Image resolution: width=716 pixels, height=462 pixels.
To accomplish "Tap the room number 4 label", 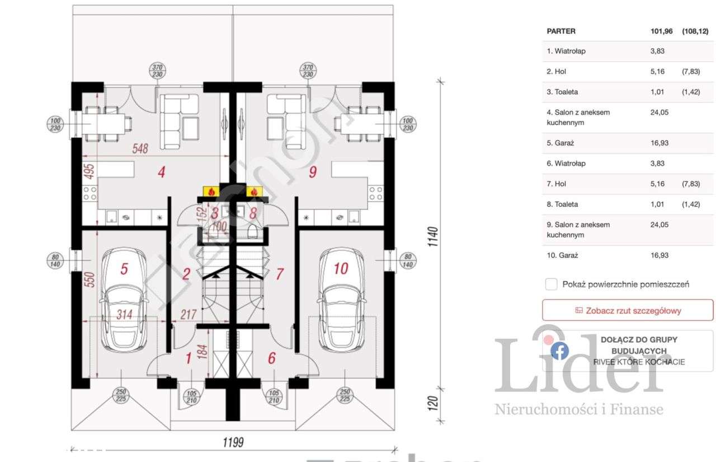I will point(161,172).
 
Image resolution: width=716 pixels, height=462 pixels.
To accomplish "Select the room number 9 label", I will point(313,172).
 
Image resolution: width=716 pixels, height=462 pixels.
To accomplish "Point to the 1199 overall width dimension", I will point(234,442).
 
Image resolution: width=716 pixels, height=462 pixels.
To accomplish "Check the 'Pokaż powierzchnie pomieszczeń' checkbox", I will point(552,284).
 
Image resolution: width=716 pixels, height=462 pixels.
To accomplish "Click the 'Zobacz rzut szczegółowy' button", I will point(628,310).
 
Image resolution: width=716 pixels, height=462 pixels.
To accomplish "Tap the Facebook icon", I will point(559,351).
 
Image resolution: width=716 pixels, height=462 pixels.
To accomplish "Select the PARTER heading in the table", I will point(561,31).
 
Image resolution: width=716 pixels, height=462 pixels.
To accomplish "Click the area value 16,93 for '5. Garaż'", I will point(660,143).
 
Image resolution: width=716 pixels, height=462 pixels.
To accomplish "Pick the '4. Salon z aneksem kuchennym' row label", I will point(578,117).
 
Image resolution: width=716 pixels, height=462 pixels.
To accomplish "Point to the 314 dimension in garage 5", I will point(124,315).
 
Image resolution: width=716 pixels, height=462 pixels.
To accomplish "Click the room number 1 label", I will point(189,358).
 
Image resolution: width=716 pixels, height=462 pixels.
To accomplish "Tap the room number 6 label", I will point(272,358).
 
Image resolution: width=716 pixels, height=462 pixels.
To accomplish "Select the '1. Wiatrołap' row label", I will point(566,51).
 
